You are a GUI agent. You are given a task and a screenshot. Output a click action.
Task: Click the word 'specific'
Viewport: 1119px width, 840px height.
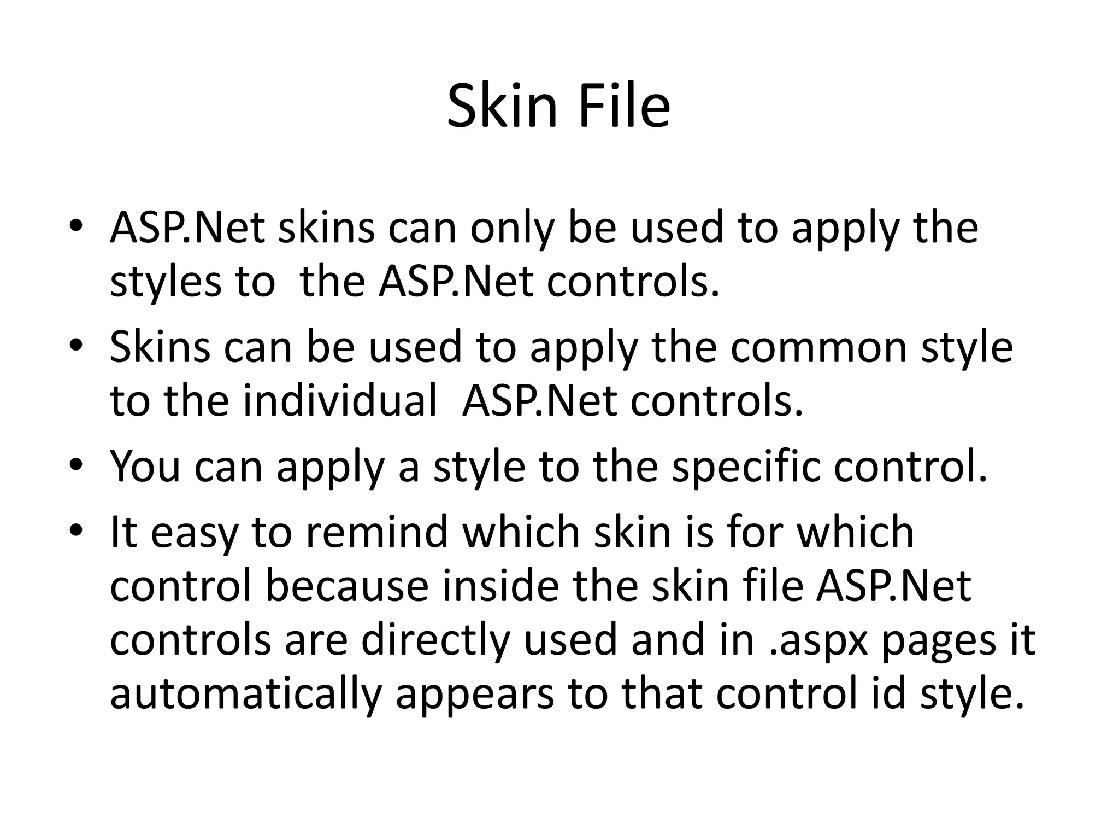point(746,467)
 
